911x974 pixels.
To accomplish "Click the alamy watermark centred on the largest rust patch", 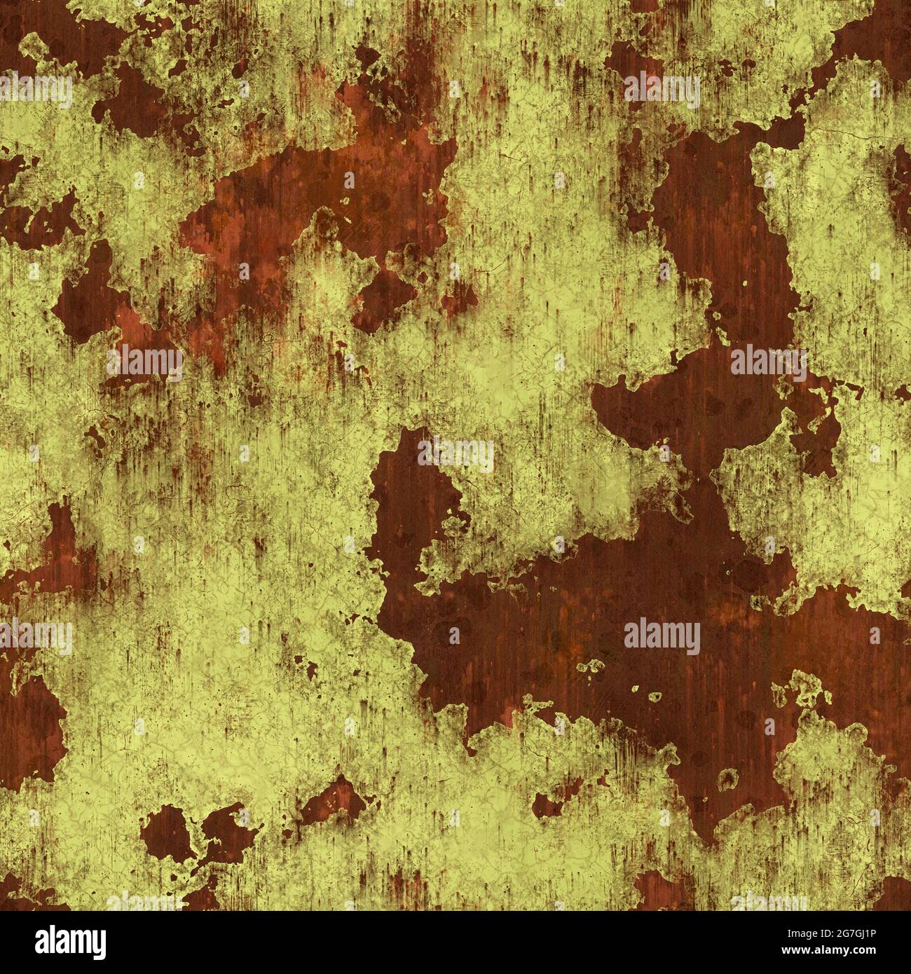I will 662,636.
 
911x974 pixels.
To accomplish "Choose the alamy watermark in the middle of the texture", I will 455,454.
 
